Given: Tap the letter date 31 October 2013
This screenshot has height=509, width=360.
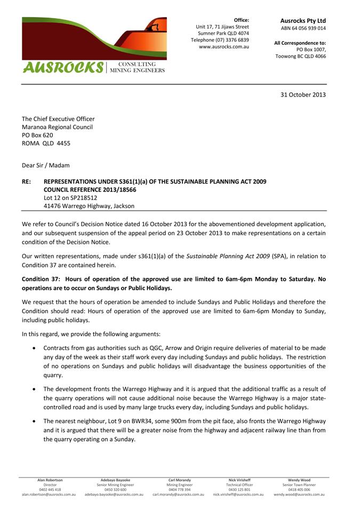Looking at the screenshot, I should pos(303,94).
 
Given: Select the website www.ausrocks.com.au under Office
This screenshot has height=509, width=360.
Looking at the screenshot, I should pos(223,47).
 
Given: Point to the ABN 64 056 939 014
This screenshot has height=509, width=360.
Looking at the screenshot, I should pos(303,28).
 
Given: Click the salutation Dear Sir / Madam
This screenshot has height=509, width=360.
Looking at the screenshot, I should pos(45,165).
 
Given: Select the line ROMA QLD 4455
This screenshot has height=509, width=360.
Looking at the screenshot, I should pos(46,144).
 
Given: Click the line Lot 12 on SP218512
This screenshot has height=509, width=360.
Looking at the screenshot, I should pos(70,197).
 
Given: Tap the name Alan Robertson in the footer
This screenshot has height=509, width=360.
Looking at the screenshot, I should pos(50,480).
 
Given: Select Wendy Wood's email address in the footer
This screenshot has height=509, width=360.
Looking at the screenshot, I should pos(299,495).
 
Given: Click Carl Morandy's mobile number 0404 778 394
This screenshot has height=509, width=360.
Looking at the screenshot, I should pos(179,489).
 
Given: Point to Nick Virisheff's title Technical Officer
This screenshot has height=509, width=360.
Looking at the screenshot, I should pos(239,484).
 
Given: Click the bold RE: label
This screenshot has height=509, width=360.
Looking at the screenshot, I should pos(26,182).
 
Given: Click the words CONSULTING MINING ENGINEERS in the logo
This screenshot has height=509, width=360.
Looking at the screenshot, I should pos(137,67).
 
